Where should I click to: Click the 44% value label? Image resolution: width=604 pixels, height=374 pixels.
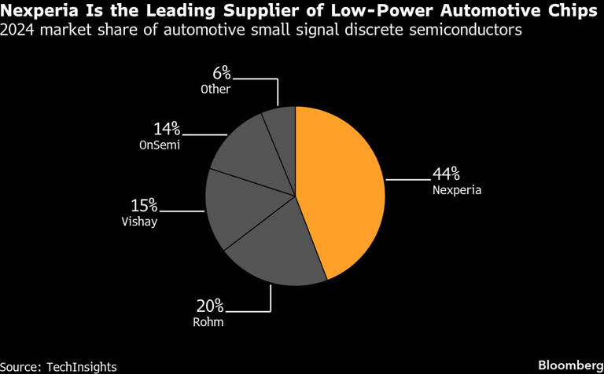[x=446, y=174]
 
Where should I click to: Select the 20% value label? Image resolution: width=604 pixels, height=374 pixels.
[x=211, y=305]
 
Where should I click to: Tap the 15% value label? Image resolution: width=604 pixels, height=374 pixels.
[x=144, y=206]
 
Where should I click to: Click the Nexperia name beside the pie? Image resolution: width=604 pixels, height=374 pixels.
[x=455, y=189]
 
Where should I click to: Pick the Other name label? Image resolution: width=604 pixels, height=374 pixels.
[x=215, y=89]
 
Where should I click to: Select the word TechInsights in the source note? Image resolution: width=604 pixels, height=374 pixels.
[x=81, y=366]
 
